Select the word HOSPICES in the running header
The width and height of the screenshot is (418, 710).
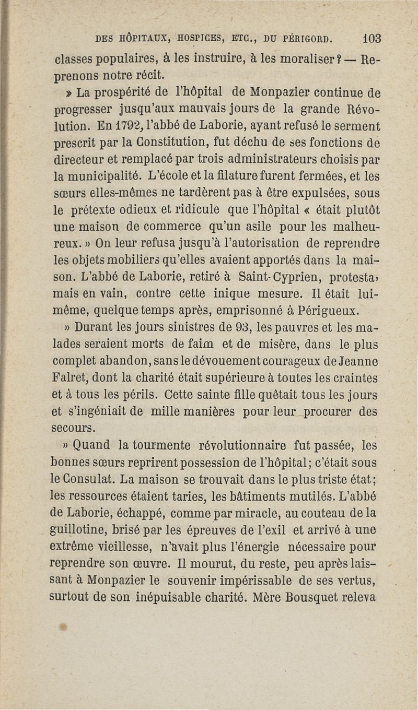201,38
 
